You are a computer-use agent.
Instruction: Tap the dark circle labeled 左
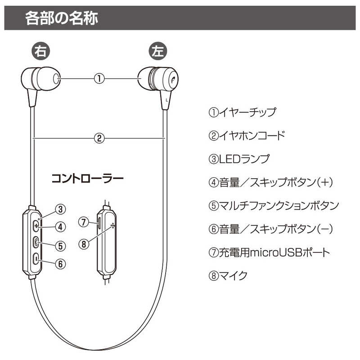[x=157, y=51]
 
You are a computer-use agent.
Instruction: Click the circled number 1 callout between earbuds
[x=99, y=78]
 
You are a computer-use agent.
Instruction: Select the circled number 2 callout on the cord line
[x=99, y=138]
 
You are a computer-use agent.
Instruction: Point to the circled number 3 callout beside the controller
[x=62, y=209]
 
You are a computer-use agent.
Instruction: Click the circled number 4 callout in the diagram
[x=62, y=226]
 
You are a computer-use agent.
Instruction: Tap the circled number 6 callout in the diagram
[x=62, y=263]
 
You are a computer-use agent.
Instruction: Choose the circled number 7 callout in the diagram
[x=84, y=221]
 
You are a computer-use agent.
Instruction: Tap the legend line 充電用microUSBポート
[x=269, y=252]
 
